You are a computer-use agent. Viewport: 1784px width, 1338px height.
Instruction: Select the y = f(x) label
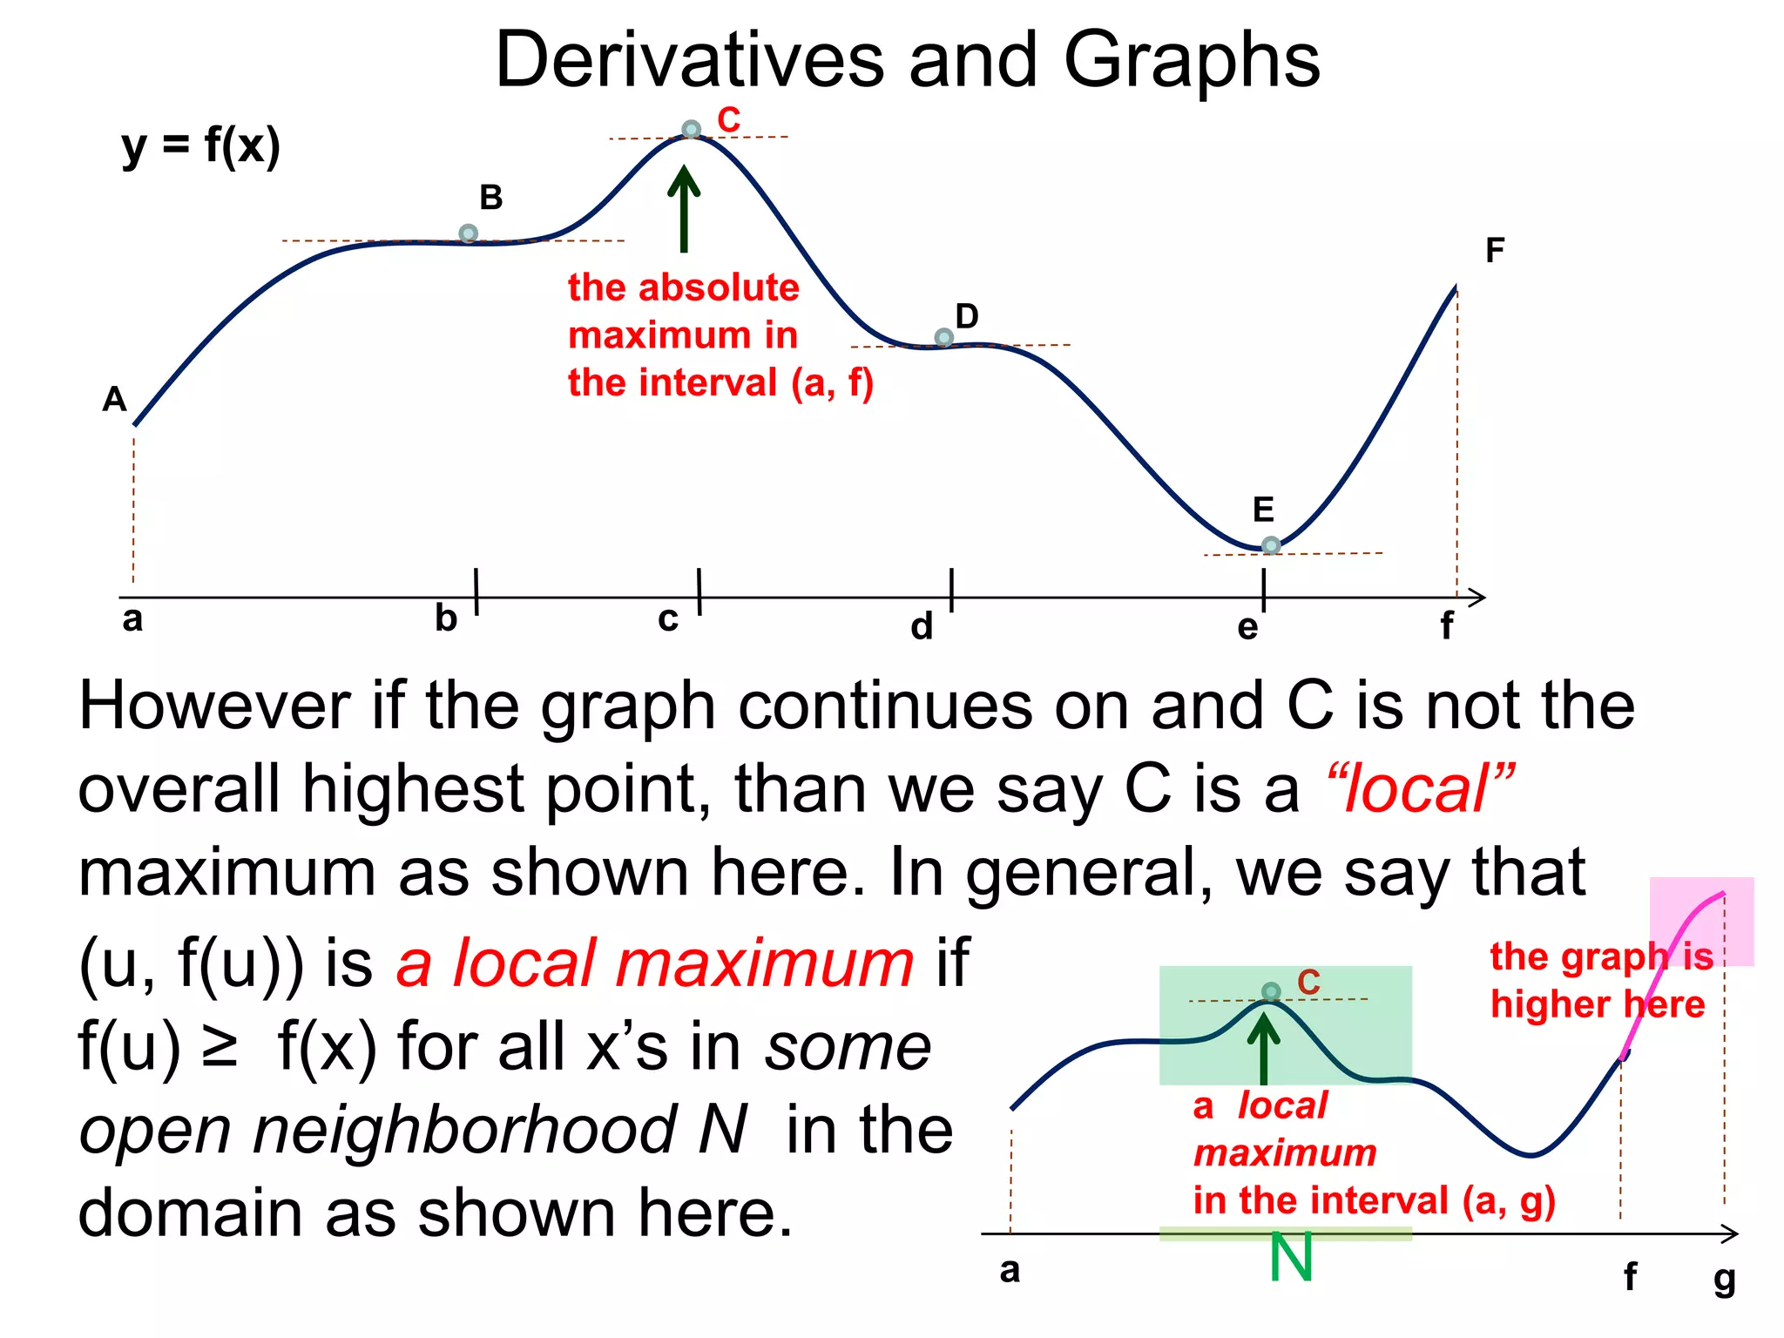pos(200,145)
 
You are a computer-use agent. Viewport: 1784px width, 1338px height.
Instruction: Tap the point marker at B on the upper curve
pos(468,233)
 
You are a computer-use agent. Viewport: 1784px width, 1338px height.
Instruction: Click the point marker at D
pos(943,337)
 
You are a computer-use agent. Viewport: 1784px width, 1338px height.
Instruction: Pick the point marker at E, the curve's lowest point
pos(1271,545)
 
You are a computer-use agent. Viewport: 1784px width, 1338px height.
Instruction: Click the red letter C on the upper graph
pos(728,120)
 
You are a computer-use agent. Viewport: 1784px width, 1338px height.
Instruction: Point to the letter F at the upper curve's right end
pos(1495,251)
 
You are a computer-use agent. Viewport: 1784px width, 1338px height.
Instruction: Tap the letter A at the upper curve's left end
pos(114,400)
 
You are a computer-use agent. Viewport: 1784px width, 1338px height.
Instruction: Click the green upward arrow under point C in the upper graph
pos(684,209)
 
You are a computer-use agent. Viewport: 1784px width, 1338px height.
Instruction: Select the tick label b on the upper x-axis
pos(446,618)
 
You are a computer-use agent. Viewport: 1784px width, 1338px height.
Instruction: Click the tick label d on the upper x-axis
pos(922,626)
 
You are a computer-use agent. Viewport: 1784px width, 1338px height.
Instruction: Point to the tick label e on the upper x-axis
pos(1247,627)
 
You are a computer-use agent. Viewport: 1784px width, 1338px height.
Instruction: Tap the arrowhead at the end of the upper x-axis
pos(1477,598)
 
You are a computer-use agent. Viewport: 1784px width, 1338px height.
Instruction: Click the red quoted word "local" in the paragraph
pos(1420,789)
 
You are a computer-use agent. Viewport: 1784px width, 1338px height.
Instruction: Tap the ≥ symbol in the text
pos(219,1048)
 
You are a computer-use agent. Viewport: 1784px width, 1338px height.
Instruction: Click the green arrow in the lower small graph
pos(1263,1050)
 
